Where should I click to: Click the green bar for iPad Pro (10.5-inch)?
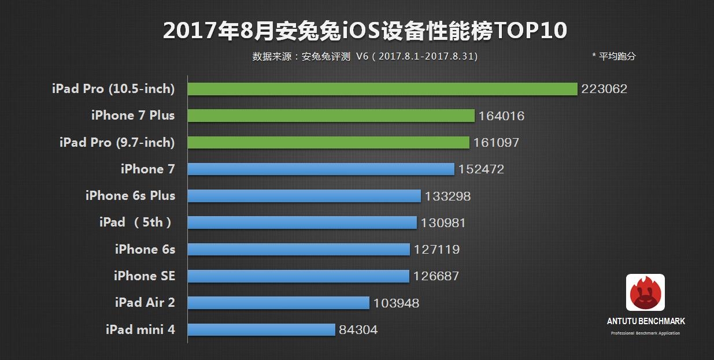pos(382,89)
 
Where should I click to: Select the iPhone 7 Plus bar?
pos(331,116)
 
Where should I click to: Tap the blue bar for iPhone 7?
pos(321,169)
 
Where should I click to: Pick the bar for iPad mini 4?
pos(261,330)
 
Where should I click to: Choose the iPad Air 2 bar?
pos(278,303)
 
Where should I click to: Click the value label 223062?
pos(604,89)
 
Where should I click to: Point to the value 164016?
pos(501,116)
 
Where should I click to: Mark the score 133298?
pos(447,196)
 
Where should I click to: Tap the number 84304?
pos(358,330)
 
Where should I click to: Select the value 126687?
pos(436,276)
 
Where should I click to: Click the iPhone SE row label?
pos(144,276)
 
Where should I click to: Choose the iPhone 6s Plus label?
pos(130,196)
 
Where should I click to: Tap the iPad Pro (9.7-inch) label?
pos(117,142)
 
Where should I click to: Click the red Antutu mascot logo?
pos(645,292)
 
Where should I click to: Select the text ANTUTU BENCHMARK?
pos(645,321)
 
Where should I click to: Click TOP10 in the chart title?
pos(530,31)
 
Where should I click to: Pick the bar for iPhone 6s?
pos(298,250)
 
